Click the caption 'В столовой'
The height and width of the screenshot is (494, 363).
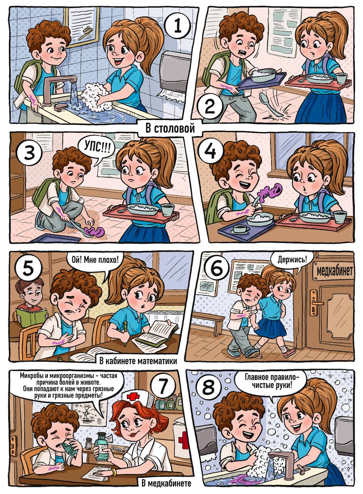coord(170,129)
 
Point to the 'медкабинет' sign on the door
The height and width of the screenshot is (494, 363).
coord(334,271)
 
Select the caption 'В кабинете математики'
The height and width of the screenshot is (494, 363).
coord(138,361)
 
